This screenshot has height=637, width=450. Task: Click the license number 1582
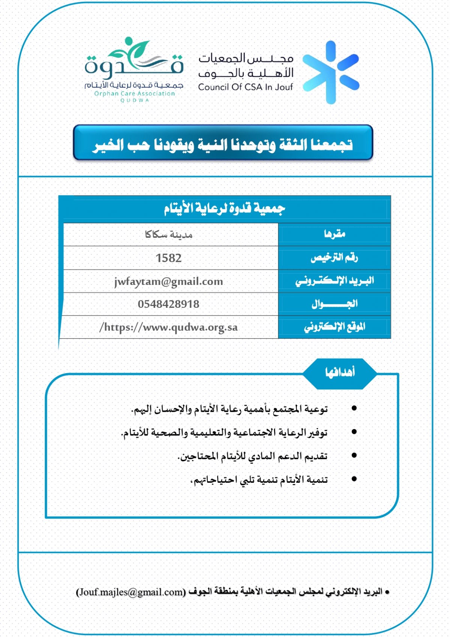click(x=168, y=258)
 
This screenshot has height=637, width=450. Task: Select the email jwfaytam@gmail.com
click(x=168, y=282)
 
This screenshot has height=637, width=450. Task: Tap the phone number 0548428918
click(x=168, y=304)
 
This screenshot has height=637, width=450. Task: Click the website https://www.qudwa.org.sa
click(x=168, y=327)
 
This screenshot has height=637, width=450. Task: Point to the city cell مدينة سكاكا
click(x=168, y=235)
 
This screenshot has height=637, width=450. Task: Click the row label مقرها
click(x=334, y=234)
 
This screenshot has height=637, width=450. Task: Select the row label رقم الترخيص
click(x=334, y=258)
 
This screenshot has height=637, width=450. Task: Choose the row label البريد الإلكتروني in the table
click(x=334, y=281)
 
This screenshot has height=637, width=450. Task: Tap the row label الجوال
click(x=334, y=304)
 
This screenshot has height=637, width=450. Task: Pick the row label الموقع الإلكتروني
click(x=334, y=327)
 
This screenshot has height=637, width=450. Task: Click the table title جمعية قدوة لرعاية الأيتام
click(x=224, y=208)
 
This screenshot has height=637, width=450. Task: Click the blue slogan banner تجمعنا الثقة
click(x=223, y=144)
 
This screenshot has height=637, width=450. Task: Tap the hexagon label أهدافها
click(x=340, y=372)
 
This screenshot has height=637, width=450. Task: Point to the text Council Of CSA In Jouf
click(x=245, y=87)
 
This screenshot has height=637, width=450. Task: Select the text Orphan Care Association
click(x=134, y=93)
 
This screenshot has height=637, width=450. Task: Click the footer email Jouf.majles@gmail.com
click(x=131, y=592)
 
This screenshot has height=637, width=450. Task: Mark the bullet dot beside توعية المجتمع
click(x=354, y=408)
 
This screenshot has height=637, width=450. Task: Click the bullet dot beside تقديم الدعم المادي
click(x=354, y=455)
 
